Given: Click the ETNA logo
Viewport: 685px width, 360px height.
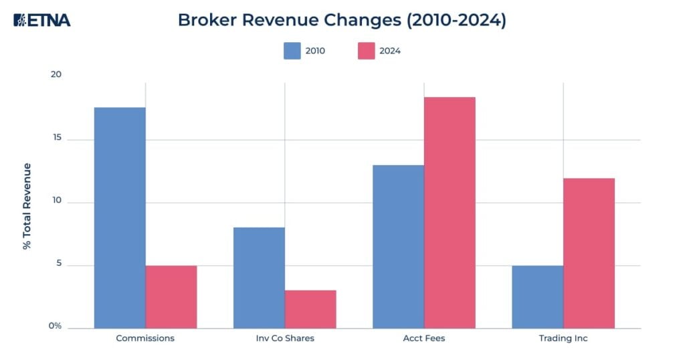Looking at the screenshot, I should pyautogui.click(x=41, y=20).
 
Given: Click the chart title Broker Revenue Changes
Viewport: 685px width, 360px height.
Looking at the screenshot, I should pyautogui.click(x=342, y=20).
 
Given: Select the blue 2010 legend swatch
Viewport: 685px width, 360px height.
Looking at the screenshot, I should pyautogui.click(x=292, y=51).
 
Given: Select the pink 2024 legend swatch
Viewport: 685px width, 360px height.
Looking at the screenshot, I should pyautogui.click(x=367, y=51).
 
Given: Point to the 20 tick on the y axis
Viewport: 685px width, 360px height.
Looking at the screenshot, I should pyautogui.click(x=56, y=74).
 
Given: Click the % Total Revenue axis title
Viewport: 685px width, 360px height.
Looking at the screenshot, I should pyautogui.click(x=27, y=206).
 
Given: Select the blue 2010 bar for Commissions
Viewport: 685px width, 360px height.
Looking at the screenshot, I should pyautogui.click(x=120, y=217).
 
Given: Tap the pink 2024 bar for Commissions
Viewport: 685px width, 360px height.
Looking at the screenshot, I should pyautogui.click(x=171, y=296).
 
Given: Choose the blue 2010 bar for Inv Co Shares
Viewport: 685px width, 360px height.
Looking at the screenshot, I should pyautogui.click(x=259, y=278).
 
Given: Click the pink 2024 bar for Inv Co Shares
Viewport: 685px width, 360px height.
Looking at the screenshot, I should pyautogui.click(x=310, y=309).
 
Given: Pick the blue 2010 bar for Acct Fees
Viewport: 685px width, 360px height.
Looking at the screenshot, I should pyautogui.click(x=398, y=246).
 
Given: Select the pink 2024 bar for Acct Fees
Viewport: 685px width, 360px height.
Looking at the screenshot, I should pyautogui.click(x=450, y=213).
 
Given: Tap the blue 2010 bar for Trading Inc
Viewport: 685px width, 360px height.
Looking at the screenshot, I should pyautogui.click(x=537, y=296).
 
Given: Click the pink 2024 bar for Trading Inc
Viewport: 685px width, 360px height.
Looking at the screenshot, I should pyautogui.click(x=589, y=253).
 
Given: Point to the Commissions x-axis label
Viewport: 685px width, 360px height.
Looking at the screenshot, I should pyautogui.click(x=145, y=339).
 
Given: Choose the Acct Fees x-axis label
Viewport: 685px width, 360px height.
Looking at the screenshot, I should pyautogui.click(x=424, y=339).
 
